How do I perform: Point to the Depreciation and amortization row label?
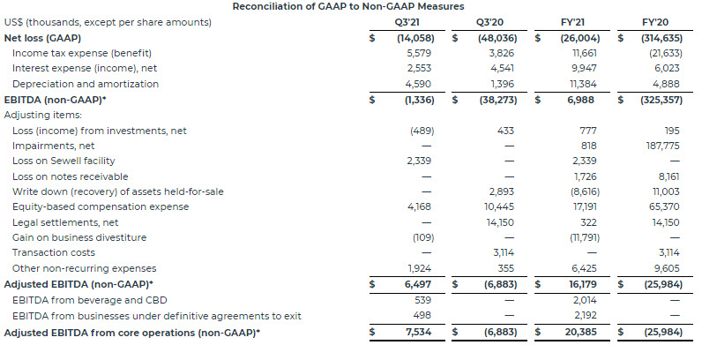[86, 84]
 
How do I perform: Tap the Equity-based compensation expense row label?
[101, 206]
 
